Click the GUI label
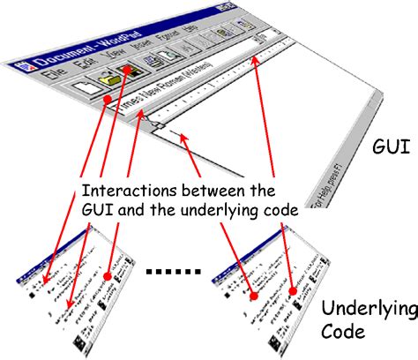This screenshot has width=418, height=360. pos(389,146)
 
